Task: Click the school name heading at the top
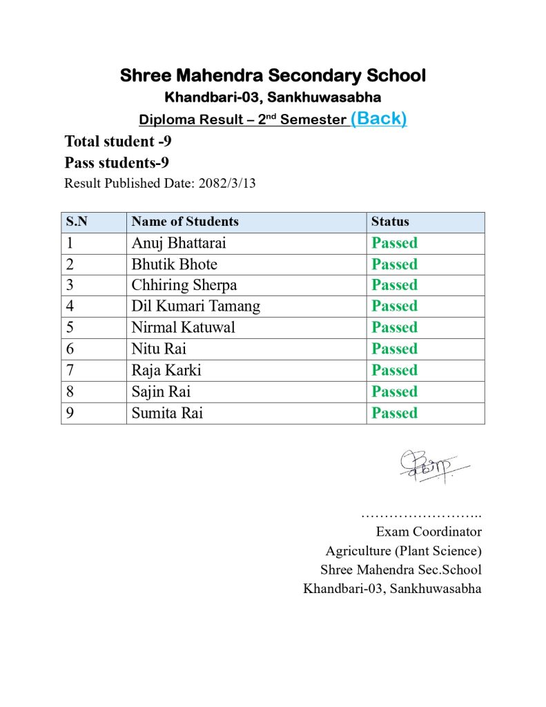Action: [x=273, y=76]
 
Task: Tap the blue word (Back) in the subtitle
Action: [x=378, y=118]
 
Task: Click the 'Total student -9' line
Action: [x=118, y=142]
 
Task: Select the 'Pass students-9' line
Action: [x=117, y=163]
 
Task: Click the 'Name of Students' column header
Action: [x=185, y=222]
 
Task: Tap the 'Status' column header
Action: [x=390, y=222]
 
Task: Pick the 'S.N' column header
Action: [x=77, y=222]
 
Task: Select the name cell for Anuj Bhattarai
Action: [x=179, y=243]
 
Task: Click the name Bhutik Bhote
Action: [x=174, y=264]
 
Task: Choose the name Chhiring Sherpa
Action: [x=184, y=285]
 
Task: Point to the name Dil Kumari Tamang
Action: [x=196, y=306]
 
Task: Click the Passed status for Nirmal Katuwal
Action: [x=395, y=327]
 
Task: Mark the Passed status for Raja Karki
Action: [x=395, y=370]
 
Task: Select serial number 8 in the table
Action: [x=70, y=391]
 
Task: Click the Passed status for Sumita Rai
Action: [x=395, y=413]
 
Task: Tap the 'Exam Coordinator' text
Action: [x=429, y=532]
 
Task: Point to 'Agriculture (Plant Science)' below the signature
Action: [x=404, y=551]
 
